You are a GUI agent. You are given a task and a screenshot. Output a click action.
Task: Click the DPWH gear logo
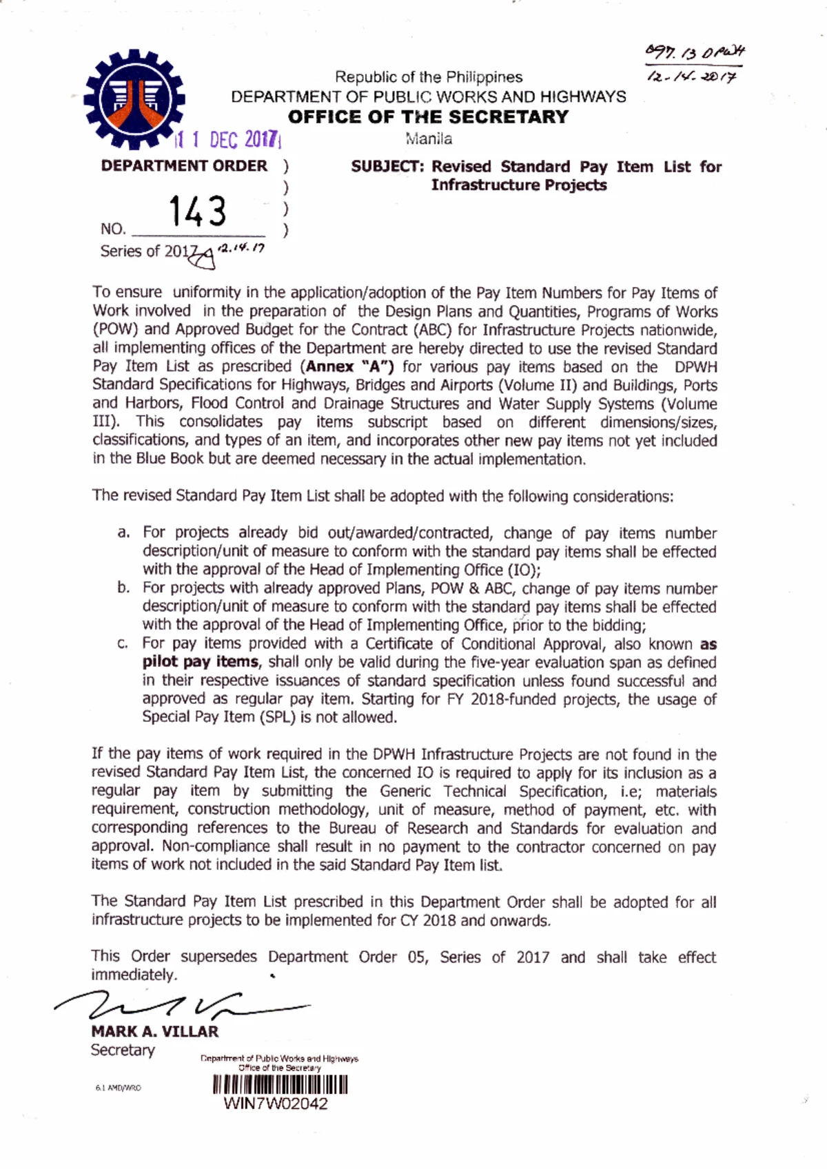click(x=134, y=99)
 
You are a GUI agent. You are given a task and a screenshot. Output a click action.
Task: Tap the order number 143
click(x=198, y=211)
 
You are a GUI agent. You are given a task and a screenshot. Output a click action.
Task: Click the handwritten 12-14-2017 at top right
click(x=691, y=77)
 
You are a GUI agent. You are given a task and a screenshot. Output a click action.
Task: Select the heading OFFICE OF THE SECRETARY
click(x=428, y=116)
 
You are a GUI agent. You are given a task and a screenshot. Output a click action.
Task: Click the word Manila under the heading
click(x=429, y=138)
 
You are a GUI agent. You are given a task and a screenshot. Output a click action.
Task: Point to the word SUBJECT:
click(x=387, y=167)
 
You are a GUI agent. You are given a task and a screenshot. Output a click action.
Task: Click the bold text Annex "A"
click(x=350, y=366)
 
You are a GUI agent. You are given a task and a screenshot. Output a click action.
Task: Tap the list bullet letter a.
click(x=123, y=532)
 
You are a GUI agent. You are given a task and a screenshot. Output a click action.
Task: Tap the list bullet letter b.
click(x=123, y=588)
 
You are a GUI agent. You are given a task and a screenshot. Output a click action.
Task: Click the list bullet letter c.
click(x=123, y=643)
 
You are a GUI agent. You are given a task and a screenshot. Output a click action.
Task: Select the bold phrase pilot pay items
click(x=201, y=662)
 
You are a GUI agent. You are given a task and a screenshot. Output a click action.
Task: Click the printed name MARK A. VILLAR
click(x=155, y=1031)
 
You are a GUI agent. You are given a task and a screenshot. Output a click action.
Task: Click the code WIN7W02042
click(x=276, y=1104)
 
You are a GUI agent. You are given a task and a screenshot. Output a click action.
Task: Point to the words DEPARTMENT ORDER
click(x=184, y=166)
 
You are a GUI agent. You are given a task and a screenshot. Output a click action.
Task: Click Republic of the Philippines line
click(x=428, y=77)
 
